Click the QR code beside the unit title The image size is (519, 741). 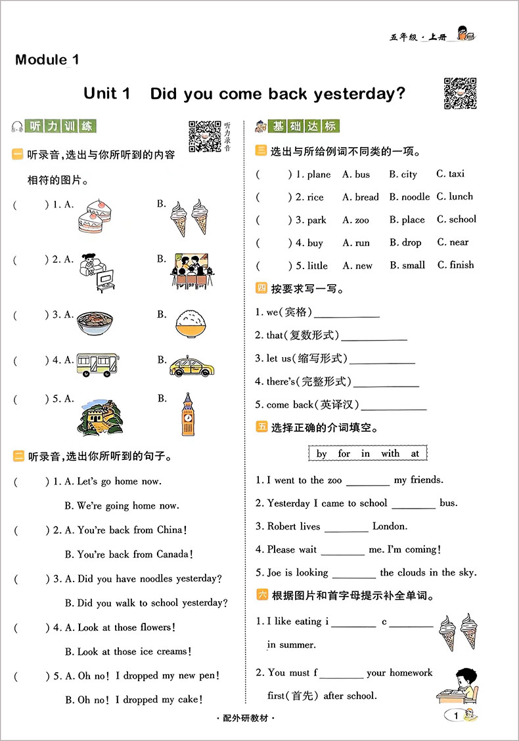click(x=460, y=93)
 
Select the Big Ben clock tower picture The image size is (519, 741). click(x=188, y=415)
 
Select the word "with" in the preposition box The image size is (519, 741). click(x=390, y=454)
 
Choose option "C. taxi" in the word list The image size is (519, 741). click(x=451, y=174)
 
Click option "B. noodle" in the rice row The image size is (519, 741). click(x=409, y=197)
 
